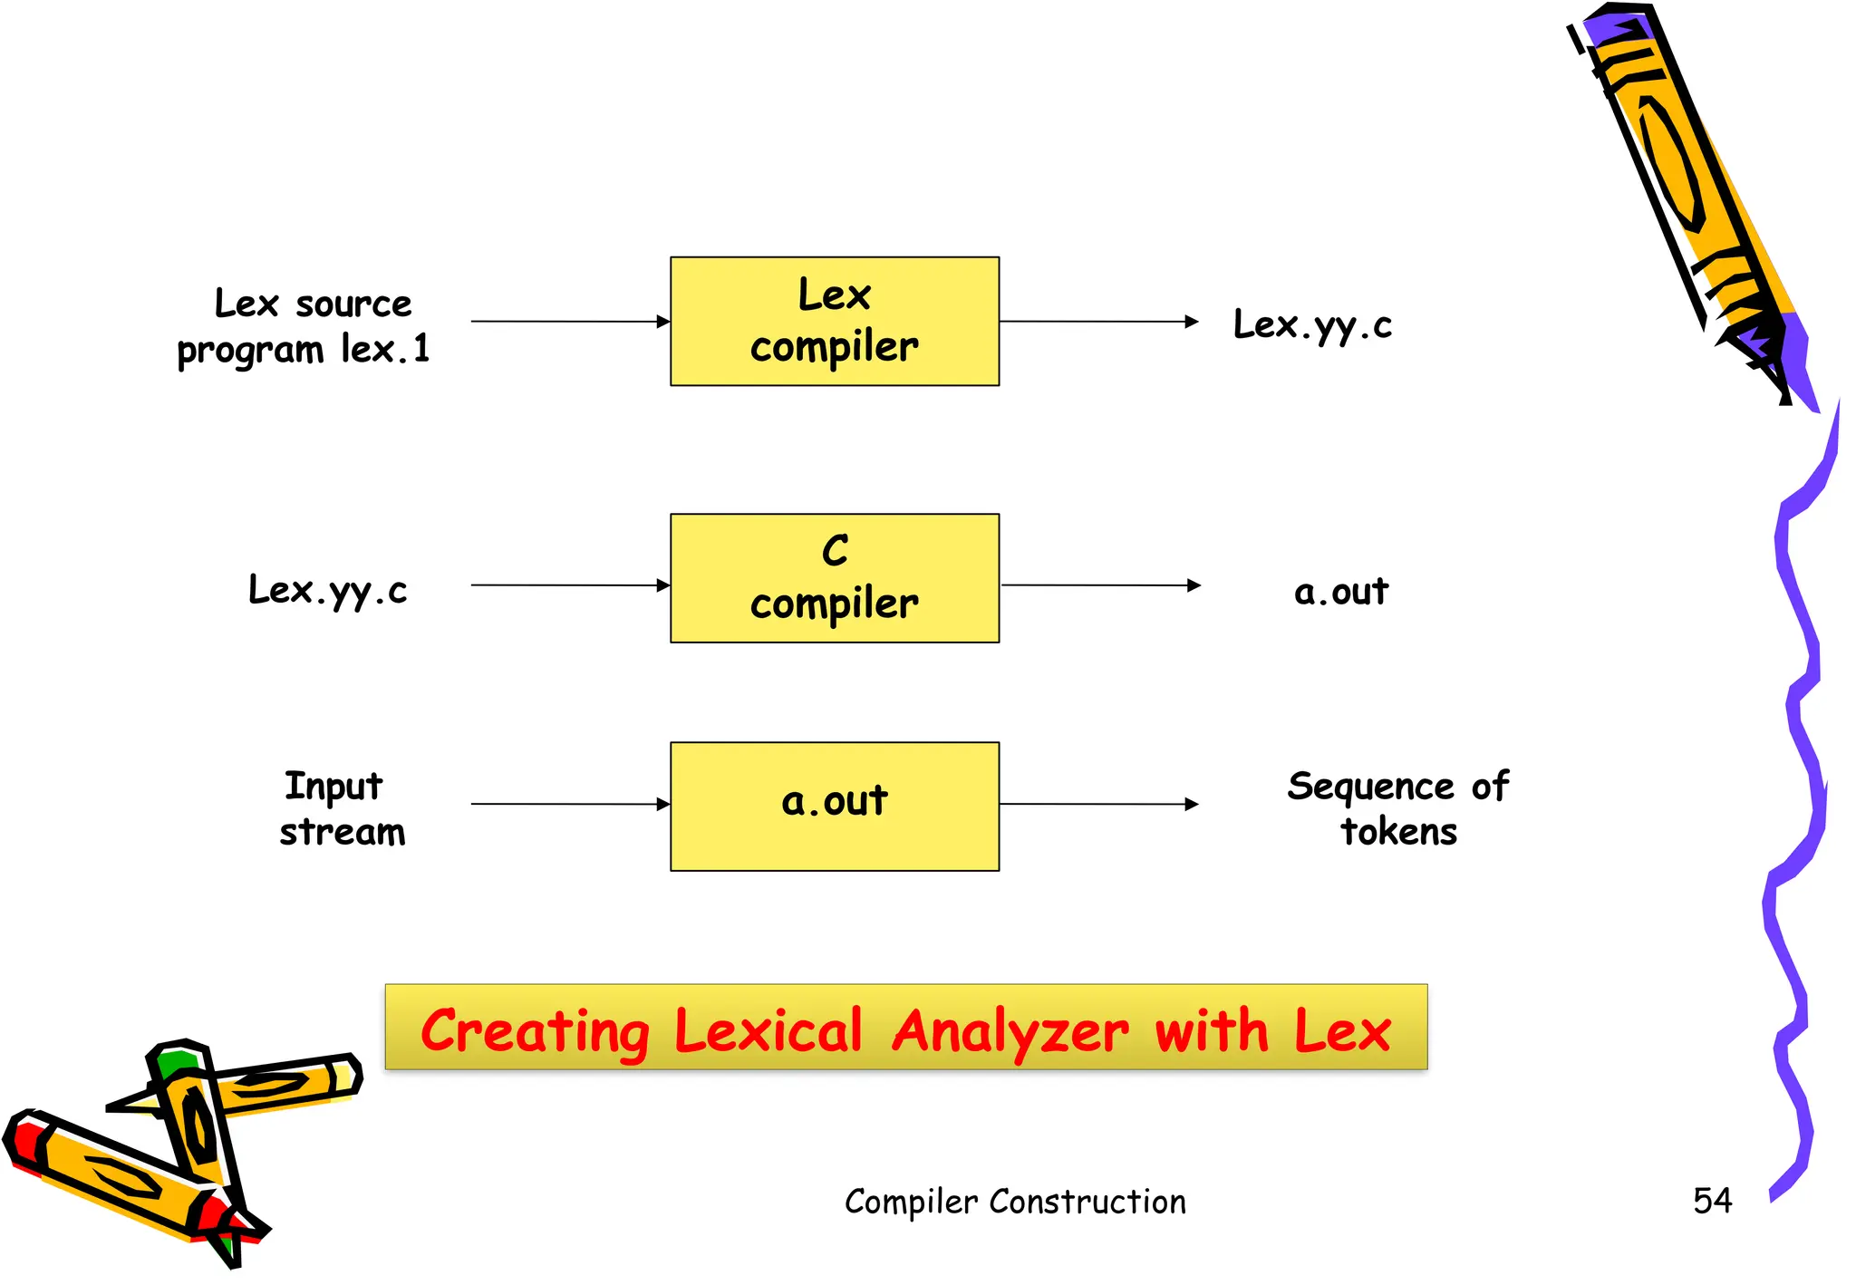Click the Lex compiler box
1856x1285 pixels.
tap(834, 321)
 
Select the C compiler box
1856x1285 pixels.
tap(834, 578)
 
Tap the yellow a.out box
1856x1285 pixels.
tap(834, 806)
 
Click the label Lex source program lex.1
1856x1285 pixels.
tap(304, 326)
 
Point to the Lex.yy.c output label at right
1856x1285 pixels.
tap(1311, 324)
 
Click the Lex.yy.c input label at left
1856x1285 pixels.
tap(327, 590)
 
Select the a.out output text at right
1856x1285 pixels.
tap(1340, 592)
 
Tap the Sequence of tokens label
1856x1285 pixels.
tap(1397, 808)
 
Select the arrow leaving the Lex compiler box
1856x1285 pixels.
tap(1098, 322)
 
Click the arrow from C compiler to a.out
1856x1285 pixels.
tap(1100, 585)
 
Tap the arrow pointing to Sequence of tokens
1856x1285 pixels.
tap(1098, 804)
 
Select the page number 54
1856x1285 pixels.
tap(1712, 1201)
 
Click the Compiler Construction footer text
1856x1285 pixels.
tap(1015, 1202)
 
